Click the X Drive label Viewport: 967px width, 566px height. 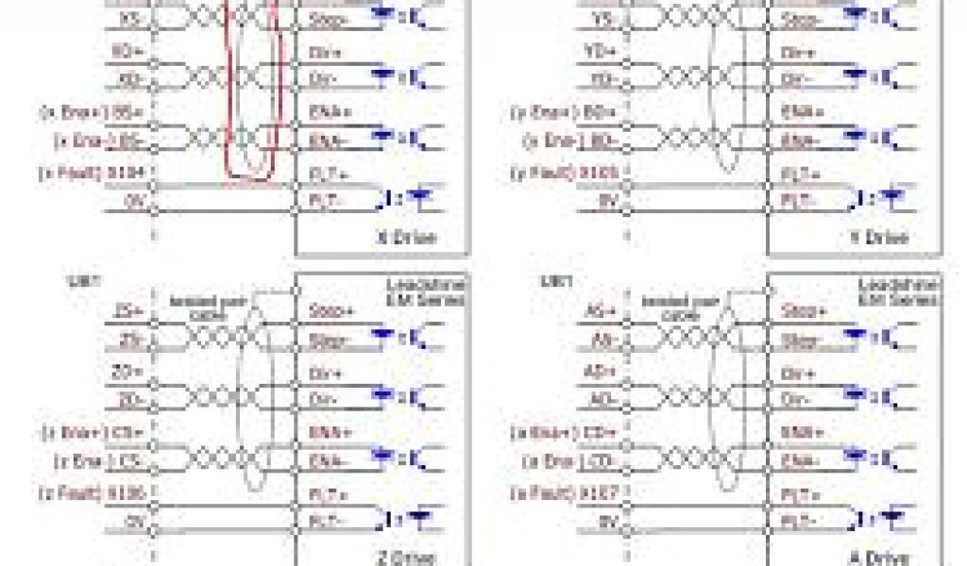[407, 238]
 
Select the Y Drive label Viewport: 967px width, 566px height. [877, 238]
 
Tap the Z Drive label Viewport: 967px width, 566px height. [407, 558]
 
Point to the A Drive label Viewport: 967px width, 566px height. [878, 558]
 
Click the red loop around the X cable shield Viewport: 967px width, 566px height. [253, 94]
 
